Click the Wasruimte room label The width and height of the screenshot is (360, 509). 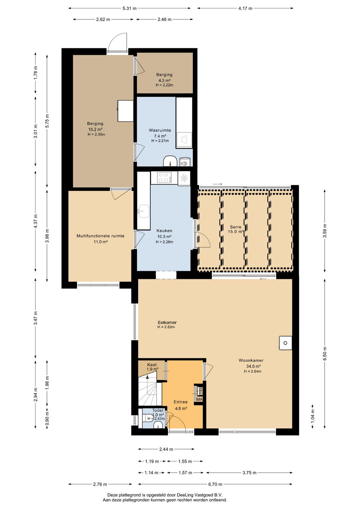[x=160, y=130]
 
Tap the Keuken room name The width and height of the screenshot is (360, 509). [x=164, y=231]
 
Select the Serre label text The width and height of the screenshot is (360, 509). [x=236, y=227]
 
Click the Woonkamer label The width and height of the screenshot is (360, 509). [x=251, y=360]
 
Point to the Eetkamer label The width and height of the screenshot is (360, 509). [x=167, y=323]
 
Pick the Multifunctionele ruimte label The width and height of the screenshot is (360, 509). [x=100, y=236]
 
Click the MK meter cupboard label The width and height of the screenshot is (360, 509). [x=199, y=400]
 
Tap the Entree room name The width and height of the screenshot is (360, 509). [x=181, y=402]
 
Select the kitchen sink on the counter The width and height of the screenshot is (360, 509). [x=144, y=211]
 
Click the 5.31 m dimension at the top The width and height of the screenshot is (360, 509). [x=129, y=8]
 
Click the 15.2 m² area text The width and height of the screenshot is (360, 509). [x=95, y=129]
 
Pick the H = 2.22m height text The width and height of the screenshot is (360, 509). [x=164, y=85]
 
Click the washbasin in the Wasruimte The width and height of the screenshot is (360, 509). [x=170, y=161]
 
